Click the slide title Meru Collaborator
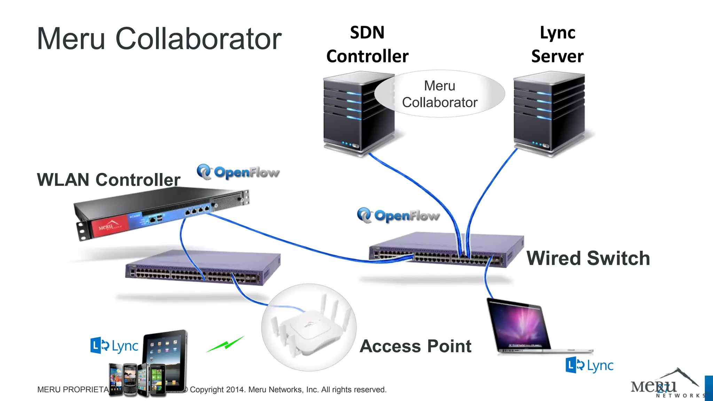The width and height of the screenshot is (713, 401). pos(159,39)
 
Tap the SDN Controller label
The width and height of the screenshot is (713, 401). pos(367,45)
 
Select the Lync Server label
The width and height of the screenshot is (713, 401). pos(557,45)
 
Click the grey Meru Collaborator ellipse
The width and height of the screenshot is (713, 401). pos(439,94)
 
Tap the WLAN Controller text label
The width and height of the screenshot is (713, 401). pos(109,180)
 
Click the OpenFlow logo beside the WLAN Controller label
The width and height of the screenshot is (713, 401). pos(238,172)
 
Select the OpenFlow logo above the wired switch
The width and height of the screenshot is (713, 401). pos(398,215)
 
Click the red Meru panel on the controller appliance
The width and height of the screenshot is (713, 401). pos(109,226)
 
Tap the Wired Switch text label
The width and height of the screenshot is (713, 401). pos(588,258)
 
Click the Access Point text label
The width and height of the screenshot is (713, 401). pos(415,346)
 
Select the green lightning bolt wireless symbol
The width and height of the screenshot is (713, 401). pos(226,345)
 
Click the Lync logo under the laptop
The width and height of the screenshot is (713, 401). pos(589,365)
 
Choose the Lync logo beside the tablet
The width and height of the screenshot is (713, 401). pos(114,346)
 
